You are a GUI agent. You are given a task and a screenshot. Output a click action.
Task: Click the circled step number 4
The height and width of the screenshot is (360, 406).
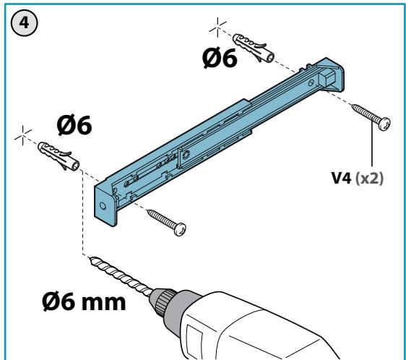coord(25,23)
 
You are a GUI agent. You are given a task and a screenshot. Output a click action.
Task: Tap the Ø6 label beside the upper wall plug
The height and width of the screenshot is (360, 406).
coord(220,59)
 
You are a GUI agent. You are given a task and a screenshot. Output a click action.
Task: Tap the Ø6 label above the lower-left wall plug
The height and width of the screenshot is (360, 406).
coord(74,126)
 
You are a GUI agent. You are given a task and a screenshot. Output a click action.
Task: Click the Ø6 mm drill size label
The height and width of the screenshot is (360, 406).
coord(84,301)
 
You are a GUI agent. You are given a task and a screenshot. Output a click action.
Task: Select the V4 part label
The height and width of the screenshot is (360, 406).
coord(341,179)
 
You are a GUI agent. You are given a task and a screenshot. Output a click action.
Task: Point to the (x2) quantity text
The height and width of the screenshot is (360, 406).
coord(369,179)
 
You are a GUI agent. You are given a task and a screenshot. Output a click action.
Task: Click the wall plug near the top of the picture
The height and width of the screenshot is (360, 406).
coord(254,48)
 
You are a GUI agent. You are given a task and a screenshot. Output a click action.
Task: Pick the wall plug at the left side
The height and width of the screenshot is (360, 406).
coord(59,156)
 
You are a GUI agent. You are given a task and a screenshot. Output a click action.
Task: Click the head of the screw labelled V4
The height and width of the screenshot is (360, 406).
coord(384,124)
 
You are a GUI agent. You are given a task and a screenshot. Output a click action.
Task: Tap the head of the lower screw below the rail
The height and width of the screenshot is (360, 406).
coord(180,229)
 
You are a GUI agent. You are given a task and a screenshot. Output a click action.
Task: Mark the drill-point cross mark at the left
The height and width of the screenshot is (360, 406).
coord(23,136)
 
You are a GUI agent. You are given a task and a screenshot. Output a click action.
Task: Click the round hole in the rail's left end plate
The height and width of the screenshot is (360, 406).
coord(103,206)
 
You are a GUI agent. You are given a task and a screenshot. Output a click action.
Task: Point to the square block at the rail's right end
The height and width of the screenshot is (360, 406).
coord(327,76)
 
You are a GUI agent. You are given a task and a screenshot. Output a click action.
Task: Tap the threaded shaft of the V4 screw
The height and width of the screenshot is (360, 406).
coord(366,113)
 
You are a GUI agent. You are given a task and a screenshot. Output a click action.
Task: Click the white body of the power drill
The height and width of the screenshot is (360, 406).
coord(259,329)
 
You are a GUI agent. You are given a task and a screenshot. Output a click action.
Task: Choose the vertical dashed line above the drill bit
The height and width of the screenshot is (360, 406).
coord(82,213)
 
